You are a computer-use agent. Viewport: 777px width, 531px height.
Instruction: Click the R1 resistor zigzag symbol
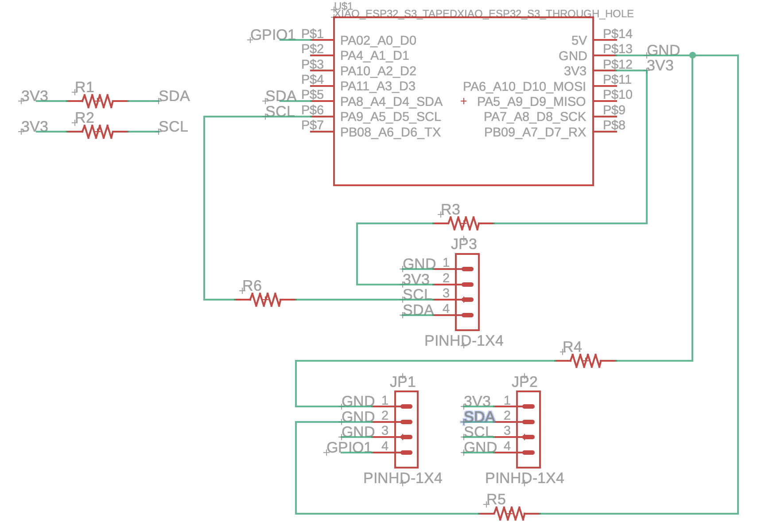[x=97, y=101]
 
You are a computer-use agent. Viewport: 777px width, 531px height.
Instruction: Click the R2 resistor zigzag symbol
[x=97, y=132]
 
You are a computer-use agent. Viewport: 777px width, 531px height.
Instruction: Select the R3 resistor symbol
[x=463, y=223]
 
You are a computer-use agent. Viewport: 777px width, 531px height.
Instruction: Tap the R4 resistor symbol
[x=586, y=361]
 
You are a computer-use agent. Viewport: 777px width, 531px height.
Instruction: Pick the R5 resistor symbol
[x=509, y=514]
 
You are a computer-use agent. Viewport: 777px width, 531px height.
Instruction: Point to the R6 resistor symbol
[x=265, y=300]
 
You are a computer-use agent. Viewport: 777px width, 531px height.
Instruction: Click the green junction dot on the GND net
[x=692, y=55]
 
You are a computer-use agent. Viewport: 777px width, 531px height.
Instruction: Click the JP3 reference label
[x=464, y=244]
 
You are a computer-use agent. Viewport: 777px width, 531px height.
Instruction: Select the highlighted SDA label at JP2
[x=479, y=417]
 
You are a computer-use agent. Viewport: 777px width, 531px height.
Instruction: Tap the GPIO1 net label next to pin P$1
[x=272, y=35]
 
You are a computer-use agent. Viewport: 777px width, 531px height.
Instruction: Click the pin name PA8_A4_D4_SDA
[x=391, y=102]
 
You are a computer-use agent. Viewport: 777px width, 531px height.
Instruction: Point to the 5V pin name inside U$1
[x=579, y=41]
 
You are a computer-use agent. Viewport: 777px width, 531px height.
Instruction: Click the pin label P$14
[x=618, y=34]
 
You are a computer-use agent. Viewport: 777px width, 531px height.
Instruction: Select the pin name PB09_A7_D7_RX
[x=535, y=132]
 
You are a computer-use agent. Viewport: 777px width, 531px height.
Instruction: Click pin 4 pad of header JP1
[x=406, y=453]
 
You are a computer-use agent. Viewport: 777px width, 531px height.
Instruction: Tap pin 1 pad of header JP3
[x=467, y=269]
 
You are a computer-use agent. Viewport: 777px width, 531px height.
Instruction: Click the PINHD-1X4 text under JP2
[x=524, y=478]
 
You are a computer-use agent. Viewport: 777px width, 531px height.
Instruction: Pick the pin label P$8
[x=614, y=125]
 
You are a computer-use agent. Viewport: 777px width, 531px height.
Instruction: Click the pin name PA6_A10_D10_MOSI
[x=524, y=86]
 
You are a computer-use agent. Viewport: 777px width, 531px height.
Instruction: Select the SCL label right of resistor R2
[x=173, y=127]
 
